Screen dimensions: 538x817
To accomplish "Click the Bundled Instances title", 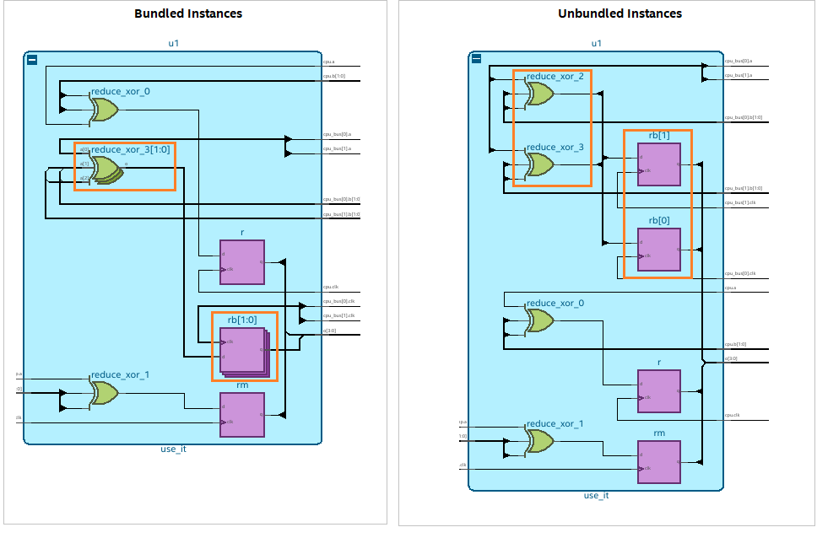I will point(188,13).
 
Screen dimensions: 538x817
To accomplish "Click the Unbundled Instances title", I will point(620,13).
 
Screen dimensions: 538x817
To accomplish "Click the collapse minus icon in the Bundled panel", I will point(31,60).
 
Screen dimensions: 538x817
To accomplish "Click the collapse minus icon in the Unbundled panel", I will point(476,59).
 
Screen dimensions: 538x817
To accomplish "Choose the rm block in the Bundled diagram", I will point(241,415).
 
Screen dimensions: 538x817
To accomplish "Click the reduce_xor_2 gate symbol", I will point(539,94).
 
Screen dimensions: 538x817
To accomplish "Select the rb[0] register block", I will point(659,249).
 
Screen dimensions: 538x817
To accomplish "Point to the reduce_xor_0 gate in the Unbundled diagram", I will point(539,320).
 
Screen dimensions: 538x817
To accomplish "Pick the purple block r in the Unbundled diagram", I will point(659,391).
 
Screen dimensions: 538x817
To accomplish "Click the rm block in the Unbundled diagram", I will point(659,461).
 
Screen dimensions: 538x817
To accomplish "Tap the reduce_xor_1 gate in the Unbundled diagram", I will point(539,441).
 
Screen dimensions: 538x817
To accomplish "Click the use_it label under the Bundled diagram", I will point(173,449).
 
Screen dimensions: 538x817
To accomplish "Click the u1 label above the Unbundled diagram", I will point(596,43).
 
